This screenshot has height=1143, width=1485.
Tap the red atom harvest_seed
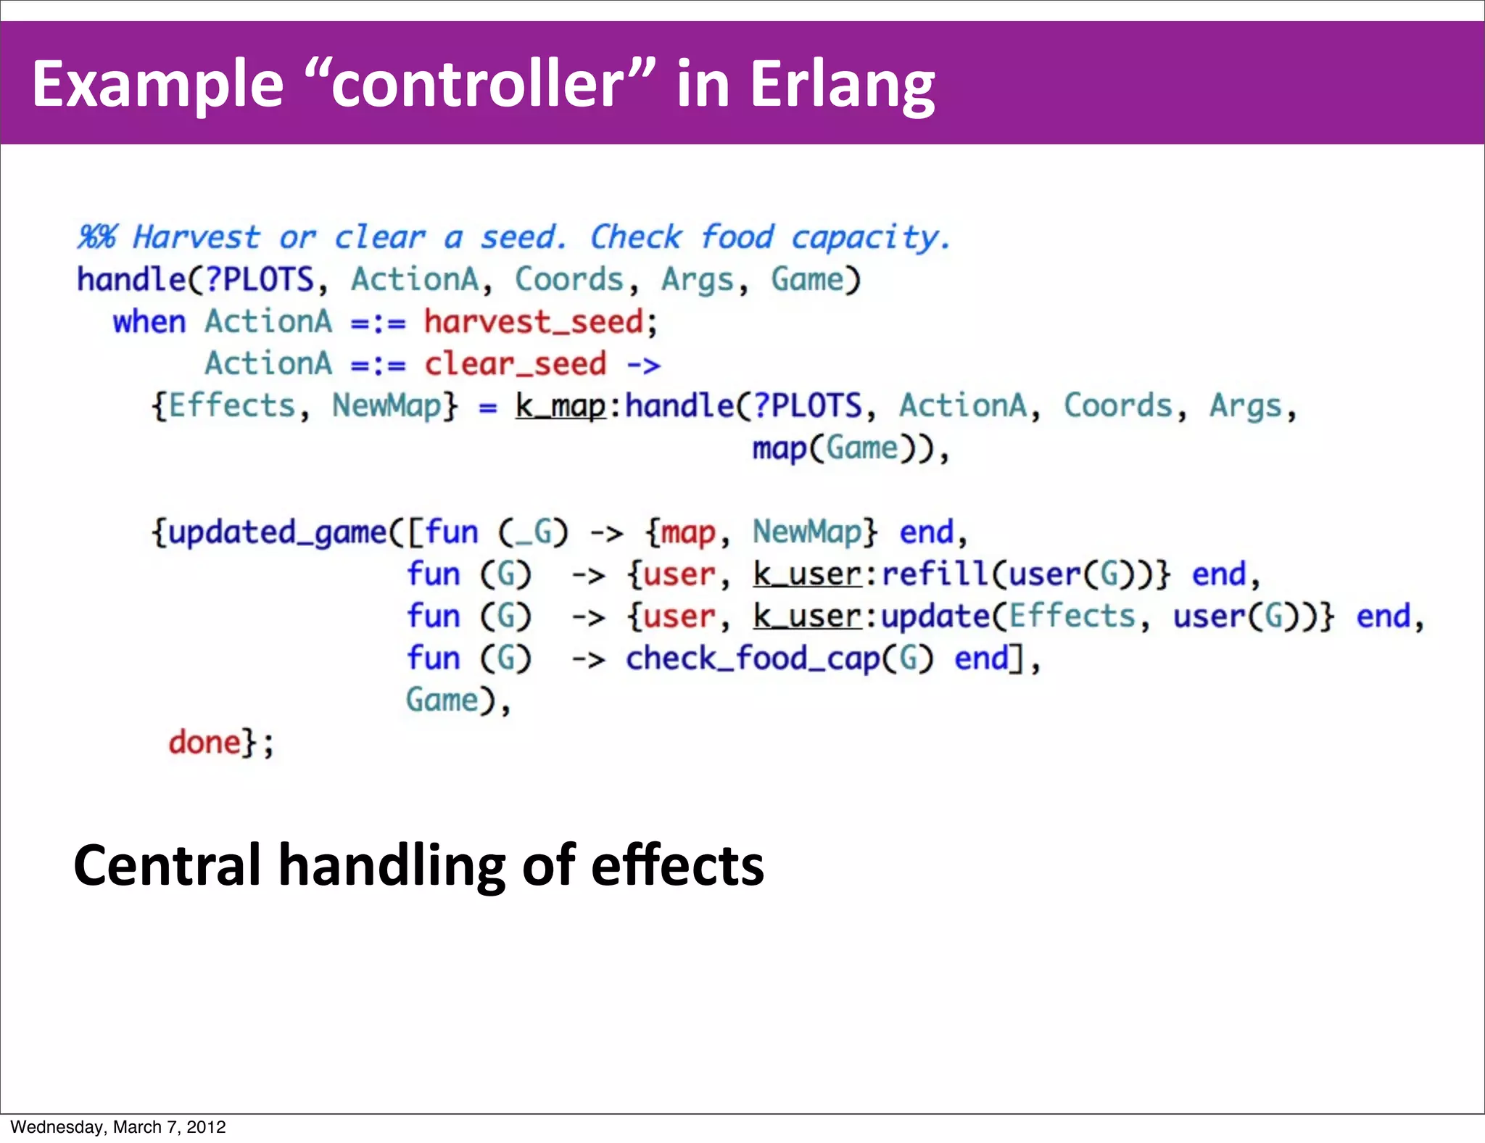[x=534, y=321]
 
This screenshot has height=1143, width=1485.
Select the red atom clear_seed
[x=515, y=363]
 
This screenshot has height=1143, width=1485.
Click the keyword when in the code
[x=149, y=321]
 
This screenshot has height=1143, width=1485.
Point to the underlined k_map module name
[x=560, y=406]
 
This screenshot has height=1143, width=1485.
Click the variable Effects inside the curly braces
[x=232, y=405]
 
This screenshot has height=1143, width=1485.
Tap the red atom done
[x=204, y=742]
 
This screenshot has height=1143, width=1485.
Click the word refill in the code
[x=934, y=574]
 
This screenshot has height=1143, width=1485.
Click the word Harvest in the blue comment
[x=196, y=237]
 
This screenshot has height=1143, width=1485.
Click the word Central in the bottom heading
[x=167, y=865]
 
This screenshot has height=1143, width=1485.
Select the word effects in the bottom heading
[x=677, y=865]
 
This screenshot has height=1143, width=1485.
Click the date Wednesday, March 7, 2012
[x=118, y=1127]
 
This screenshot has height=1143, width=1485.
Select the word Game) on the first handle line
[x=814, y=280]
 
